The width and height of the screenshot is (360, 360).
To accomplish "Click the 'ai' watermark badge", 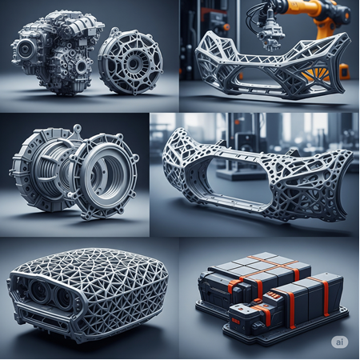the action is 339,342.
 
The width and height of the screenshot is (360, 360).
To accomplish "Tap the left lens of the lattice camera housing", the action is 40,290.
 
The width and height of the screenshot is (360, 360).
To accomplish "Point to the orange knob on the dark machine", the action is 226,27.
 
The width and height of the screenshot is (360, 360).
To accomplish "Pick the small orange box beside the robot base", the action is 345,71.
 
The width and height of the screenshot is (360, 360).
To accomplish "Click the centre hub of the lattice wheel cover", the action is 132,63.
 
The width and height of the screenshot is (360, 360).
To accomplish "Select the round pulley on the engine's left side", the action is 25,50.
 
